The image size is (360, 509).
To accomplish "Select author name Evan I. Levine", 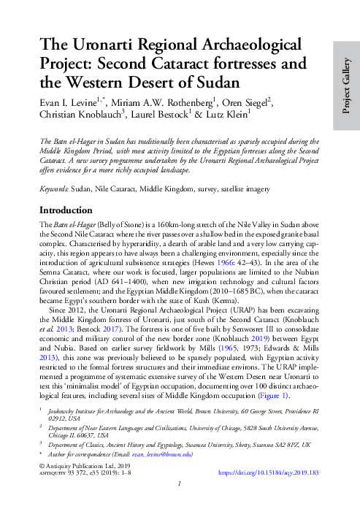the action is [72, 101].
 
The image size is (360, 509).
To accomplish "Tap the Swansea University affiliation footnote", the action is [175, 445].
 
